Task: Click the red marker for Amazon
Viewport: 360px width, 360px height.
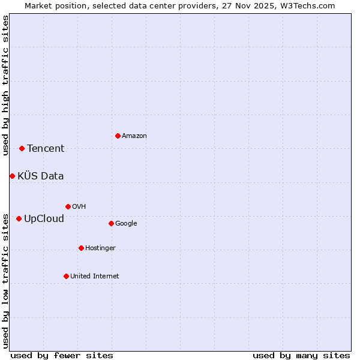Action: pos(118,136)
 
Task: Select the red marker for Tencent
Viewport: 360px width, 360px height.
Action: pos(22,148)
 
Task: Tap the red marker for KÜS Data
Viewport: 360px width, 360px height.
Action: pos(12,176)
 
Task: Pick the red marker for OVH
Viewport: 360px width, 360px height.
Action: pos(68,206)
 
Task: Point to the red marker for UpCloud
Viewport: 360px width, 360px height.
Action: pos(19,218)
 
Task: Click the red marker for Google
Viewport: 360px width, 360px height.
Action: pos(111,223)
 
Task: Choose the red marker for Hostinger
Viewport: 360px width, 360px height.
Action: pos(81,248)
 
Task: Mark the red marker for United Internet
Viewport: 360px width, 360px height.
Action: pos(66,276)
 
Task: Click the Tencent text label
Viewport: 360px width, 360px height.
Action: pos(46,149)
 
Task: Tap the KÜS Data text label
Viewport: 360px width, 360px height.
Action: pos(41,176)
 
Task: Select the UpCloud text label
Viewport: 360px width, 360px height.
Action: pos(44,219)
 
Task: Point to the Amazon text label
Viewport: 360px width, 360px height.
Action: pos(134,136)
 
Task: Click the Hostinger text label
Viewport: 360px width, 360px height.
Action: pos(100,248)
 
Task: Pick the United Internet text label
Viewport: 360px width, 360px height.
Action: pos(95,277)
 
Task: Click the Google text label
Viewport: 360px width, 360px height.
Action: pos(126,224)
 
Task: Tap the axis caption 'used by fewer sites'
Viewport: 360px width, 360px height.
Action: pos(62,355)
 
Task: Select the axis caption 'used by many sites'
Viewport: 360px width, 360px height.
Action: pos(301,355)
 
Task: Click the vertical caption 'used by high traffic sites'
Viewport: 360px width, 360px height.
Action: pos(5,85)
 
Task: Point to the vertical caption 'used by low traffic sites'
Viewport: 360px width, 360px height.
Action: pos(5,280)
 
